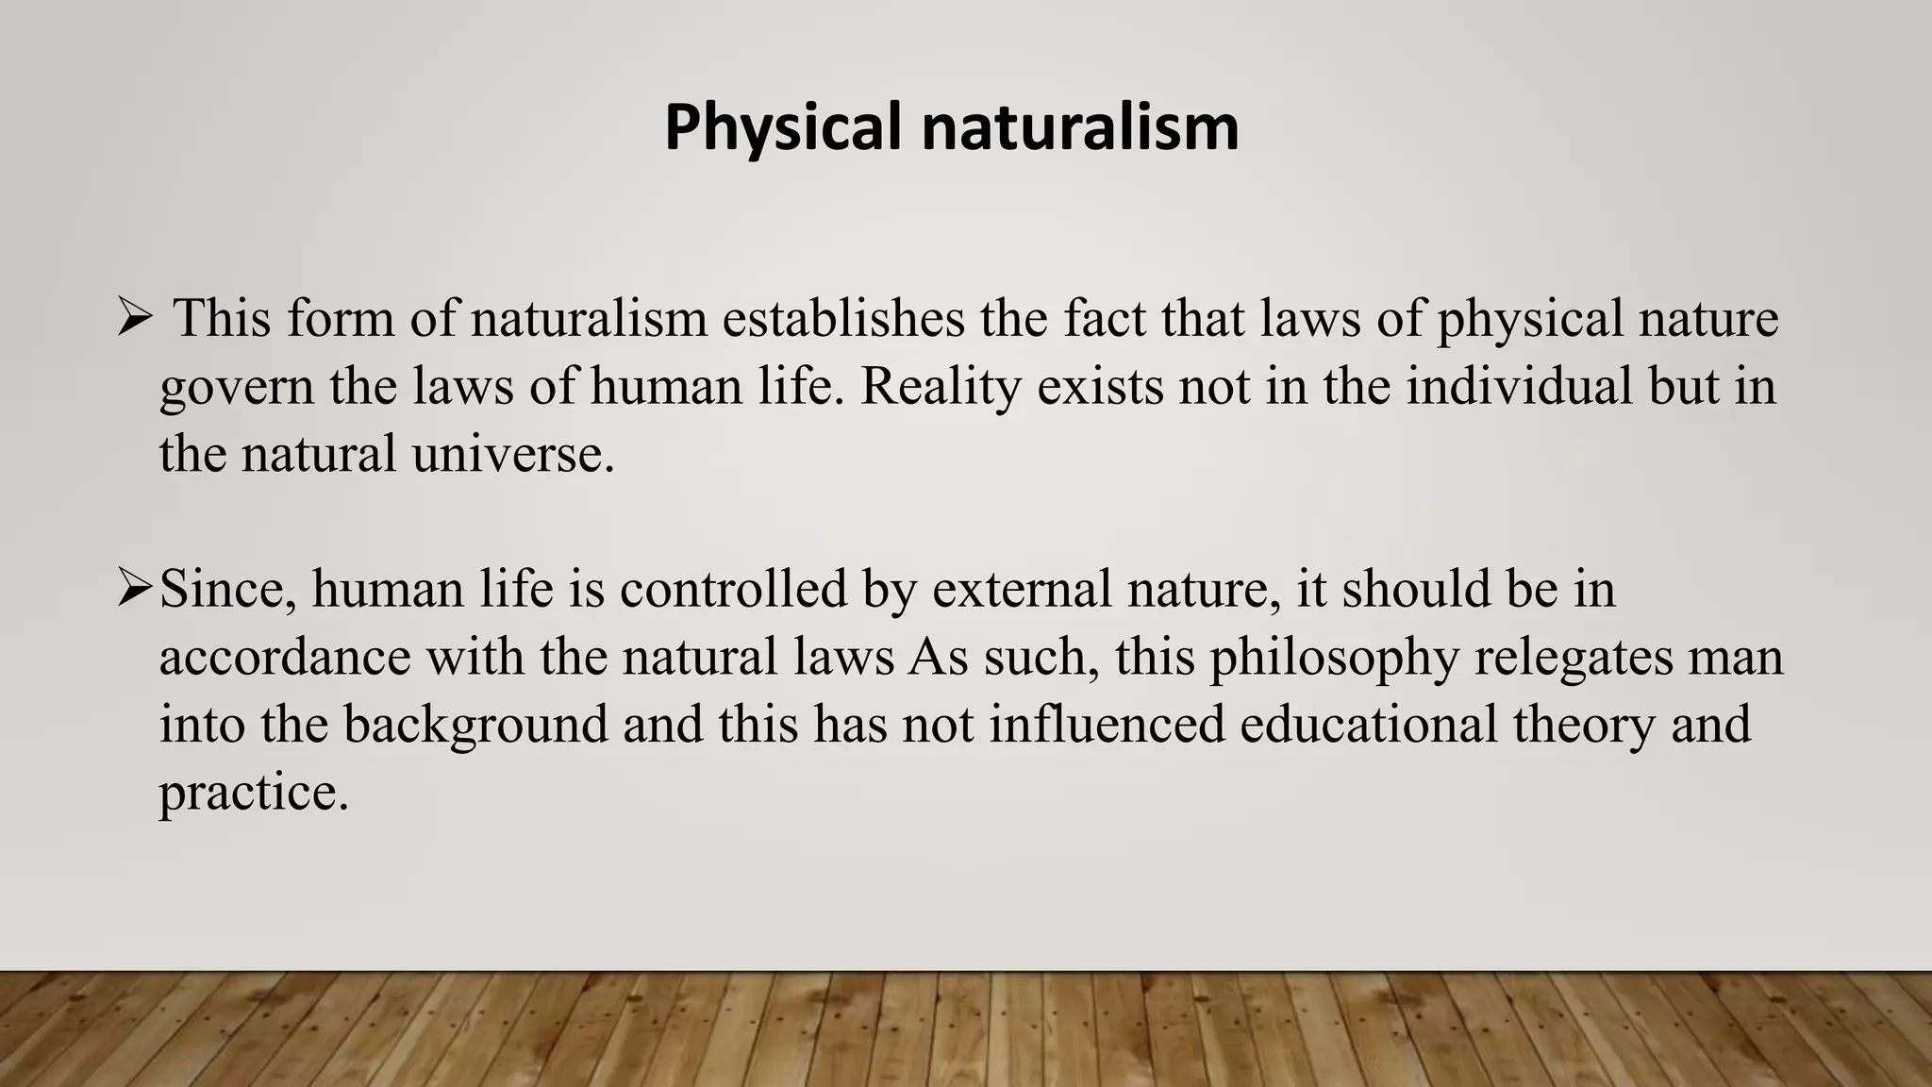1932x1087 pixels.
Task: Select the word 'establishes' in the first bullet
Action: (843, 319)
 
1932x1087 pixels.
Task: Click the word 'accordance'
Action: (285, 658)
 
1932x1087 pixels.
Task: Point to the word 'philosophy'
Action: (1334, 658)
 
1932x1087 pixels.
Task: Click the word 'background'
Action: (475, 726)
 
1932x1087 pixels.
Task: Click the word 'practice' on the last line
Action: (252, 794)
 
